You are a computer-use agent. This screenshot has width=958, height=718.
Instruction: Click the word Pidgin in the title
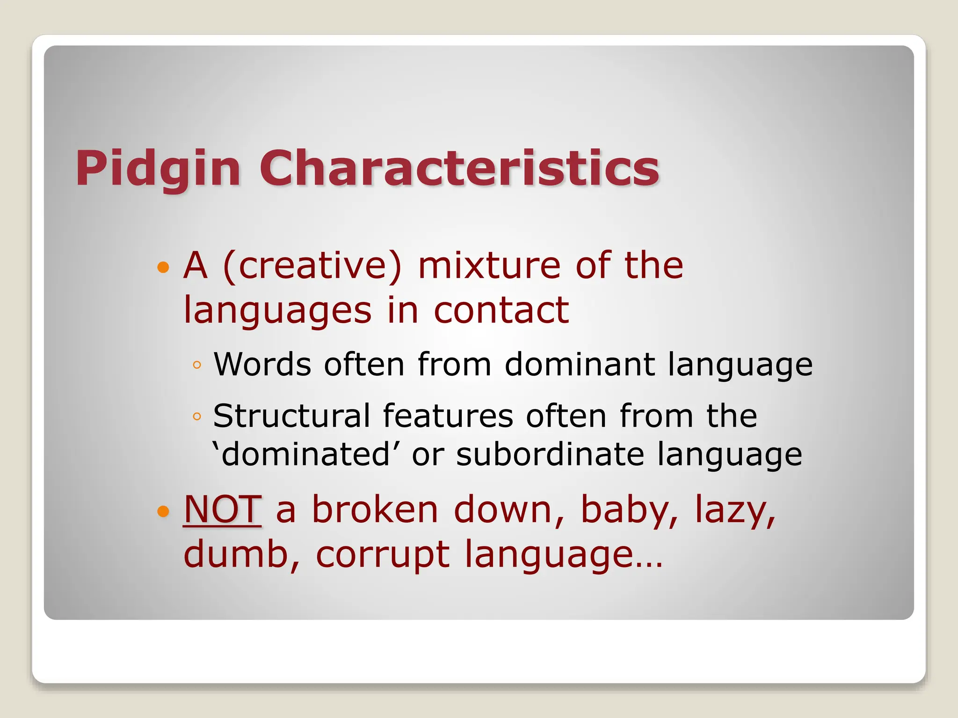tap(158, 168)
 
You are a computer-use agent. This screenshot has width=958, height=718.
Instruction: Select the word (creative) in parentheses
tap(312, 266)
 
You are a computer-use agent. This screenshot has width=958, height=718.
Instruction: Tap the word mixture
tap(489, 266)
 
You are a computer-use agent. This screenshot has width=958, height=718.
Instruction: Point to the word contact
tap(501, 310)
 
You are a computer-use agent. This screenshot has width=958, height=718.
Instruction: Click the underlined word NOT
tap(222, 510)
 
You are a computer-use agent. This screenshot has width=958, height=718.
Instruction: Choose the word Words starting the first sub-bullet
tap(262, 364)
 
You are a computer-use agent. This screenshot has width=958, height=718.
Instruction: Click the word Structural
tap(291, 416)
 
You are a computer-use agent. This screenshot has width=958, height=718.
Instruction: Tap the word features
tap(448, 416)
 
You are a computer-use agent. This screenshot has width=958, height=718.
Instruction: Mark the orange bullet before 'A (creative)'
tap(163, 267)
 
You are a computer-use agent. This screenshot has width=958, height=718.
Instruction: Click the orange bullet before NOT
tap(163, 511)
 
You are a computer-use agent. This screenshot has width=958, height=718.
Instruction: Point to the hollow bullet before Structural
tap(197, 416)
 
